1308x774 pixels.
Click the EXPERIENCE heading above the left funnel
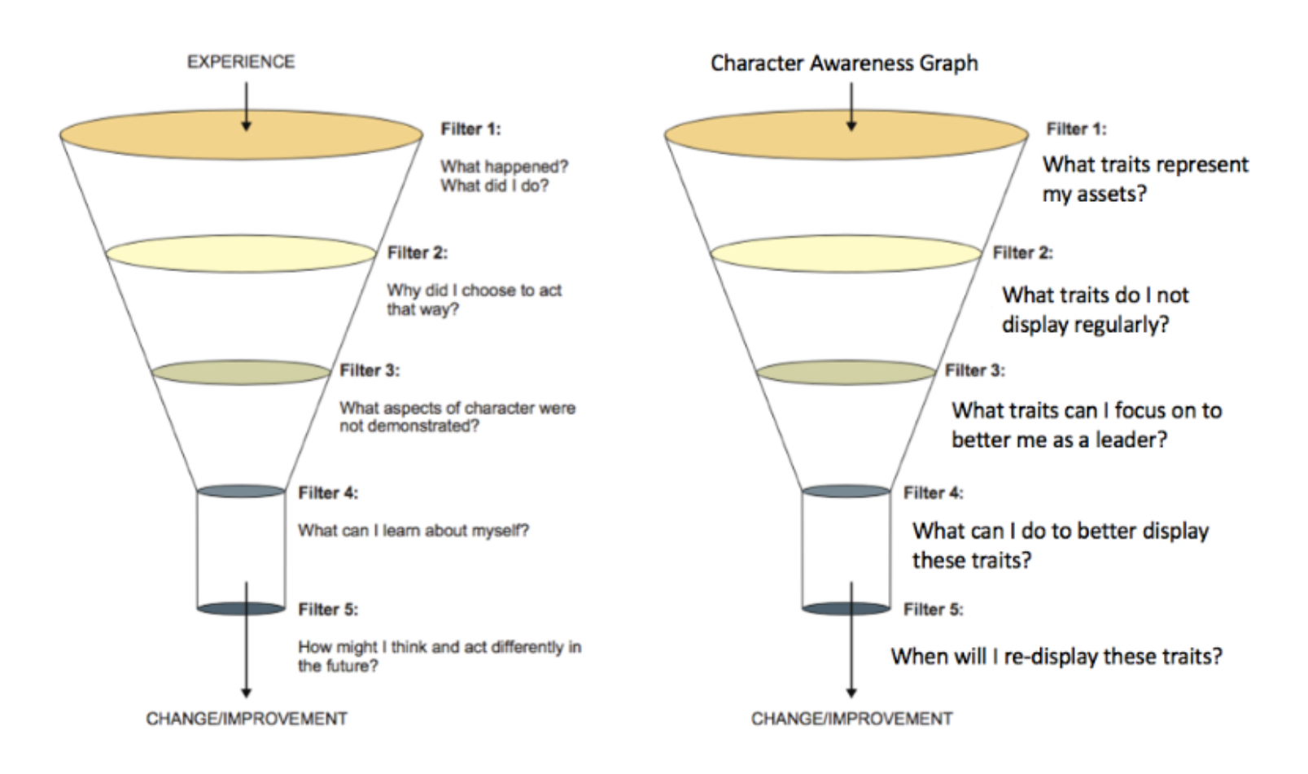click(x=241, y=62)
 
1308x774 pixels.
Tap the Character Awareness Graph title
click(x=844, y=63)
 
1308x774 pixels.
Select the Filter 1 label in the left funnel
click(x=470, y=129)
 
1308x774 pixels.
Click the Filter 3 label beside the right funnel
click(x=974, y=370)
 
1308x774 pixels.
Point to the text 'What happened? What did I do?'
click(x=504, y=176)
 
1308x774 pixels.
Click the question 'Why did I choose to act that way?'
click(x=474, y=300)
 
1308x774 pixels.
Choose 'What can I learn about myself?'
click(x=413, y=531)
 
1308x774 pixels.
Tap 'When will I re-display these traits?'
click(x=1056, y=656)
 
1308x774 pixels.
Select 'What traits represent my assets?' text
click(x=1144, y=179)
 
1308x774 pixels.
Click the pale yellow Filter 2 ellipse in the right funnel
click(x=846, y=254)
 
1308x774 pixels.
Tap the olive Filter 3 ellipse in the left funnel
click(x=241, y=373)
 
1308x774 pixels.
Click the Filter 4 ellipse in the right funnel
click(x=846, y=492)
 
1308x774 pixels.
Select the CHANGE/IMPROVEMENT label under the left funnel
click(x=246, y=719)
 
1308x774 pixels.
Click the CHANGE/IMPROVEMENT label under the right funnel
click(x=851, y=719)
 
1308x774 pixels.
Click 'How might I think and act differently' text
click(x=439, y=648)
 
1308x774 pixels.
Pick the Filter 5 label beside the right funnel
click(x=933, y=609)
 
